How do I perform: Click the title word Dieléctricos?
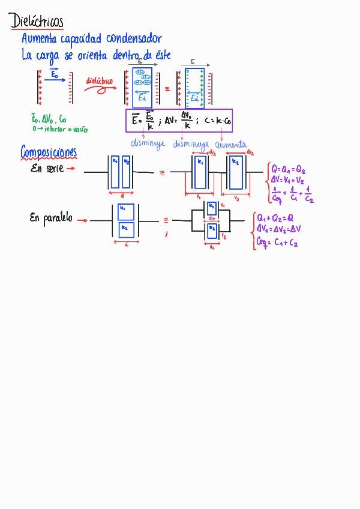(x=37, y=22)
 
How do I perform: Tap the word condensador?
(x=134, y=39)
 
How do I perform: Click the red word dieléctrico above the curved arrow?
(x=99, y=80)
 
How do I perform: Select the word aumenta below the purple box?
(x=230, y=145)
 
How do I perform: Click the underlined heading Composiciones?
(x=49, y=152)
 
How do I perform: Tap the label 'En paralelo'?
(x=51, y=218)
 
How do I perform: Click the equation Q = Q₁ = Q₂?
(x=288, y=169)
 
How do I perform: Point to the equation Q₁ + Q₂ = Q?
(x=275, y=218)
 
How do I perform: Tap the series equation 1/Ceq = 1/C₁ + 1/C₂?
(x=292, y=194)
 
